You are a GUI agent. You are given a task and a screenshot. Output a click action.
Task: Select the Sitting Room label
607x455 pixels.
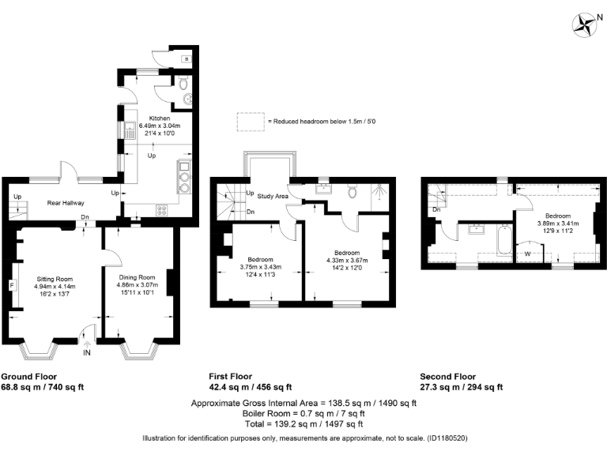pos(54,278)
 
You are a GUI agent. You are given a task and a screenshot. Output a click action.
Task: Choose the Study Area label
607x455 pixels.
pos(273,195)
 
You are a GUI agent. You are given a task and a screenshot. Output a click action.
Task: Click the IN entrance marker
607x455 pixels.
pos(87,352)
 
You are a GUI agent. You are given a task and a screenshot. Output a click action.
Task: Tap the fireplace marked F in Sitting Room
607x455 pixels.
pos(13,285)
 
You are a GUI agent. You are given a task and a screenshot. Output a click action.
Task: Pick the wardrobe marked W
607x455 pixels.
pos(528,254)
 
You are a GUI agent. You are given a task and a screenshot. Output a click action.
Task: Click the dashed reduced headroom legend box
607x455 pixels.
pos(250,122)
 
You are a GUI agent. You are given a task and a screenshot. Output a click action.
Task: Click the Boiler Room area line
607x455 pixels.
pos(303,413)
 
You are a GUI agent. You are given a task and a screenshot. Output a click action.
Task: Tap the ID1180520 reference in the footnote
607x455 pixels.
pos(447,438)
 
